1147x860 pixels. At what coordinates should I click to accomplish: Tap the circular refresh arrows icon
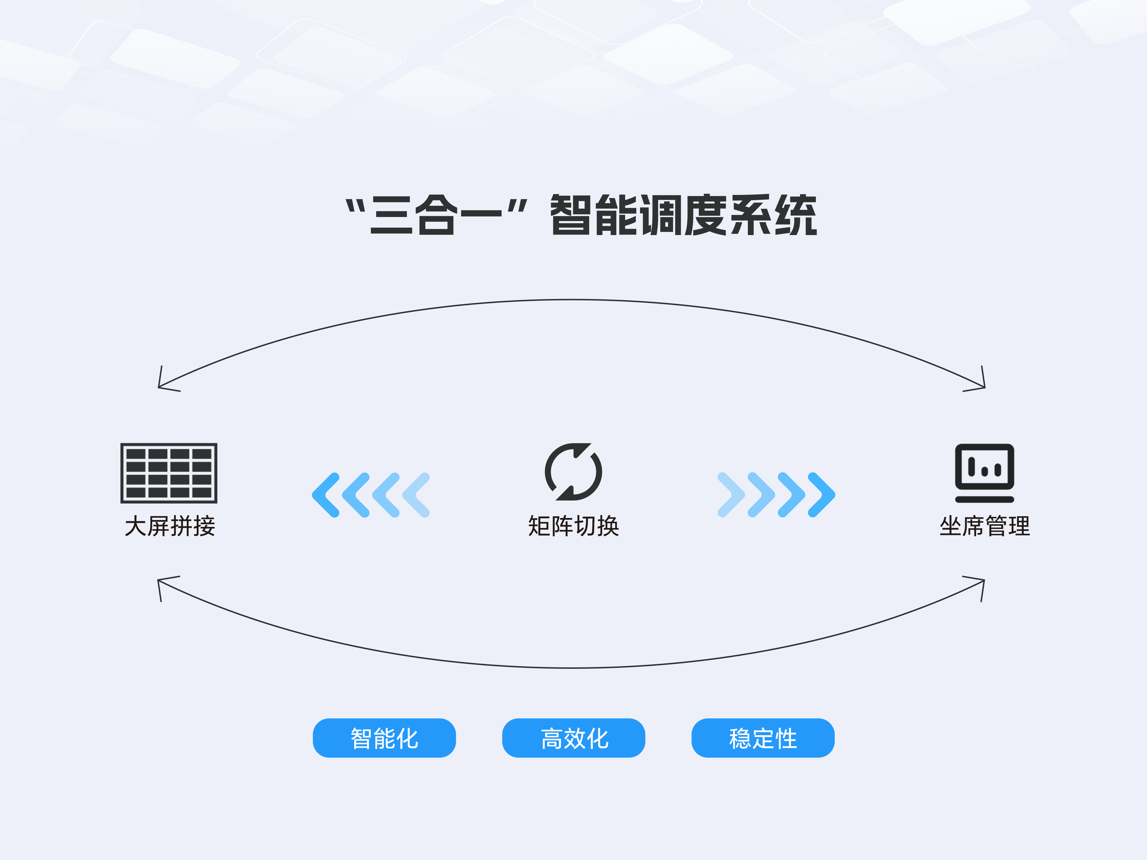pos(573,472)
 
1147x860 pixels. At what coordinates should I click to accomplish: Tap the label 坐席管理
pos(984,526)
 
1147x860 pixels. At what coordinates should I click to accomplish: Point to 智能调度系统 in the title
pos(683,215)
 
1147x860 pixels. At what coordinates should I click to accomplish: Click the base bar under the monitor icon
pos(984,499)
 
